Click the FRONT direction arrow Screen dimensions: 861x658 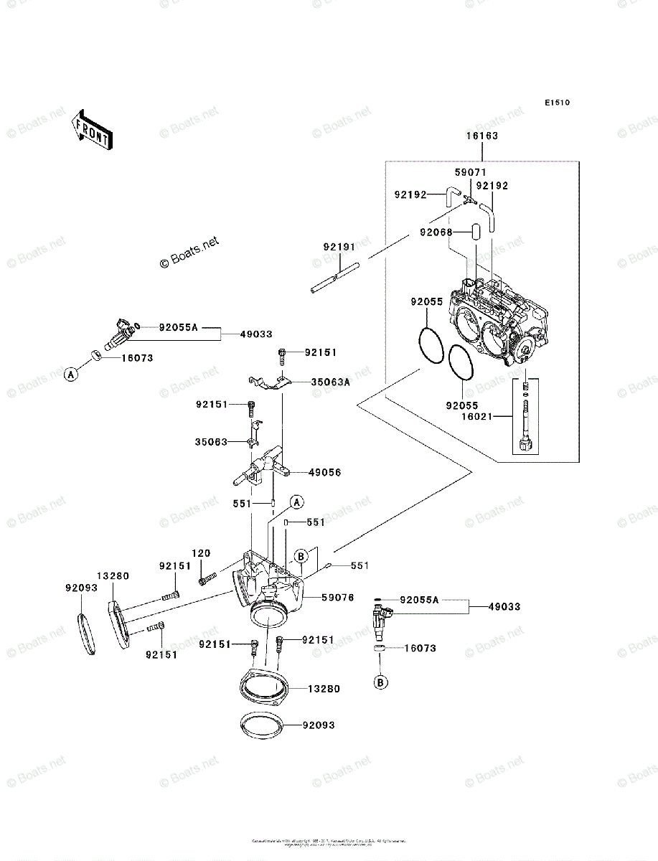90,130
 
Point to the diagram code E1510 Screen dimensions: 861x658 556,103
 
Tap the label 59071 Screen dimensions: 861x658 470,173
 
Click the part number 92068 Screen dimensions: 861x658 436,232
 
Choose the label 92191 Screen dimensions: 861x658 339,248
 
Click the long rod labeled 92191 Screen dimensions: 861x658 335,278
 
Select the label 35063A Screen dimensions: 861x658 330,382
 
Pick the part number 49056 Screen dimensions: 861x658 324,472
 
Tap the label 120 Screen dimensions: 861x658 201,553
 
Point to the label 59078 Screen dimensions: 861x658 337,597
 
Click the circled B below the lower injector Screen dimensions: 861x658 380,683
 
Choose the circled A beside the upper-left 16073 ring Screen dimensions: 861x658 70,373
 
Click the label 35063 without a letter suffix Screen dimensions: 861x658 211,442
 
